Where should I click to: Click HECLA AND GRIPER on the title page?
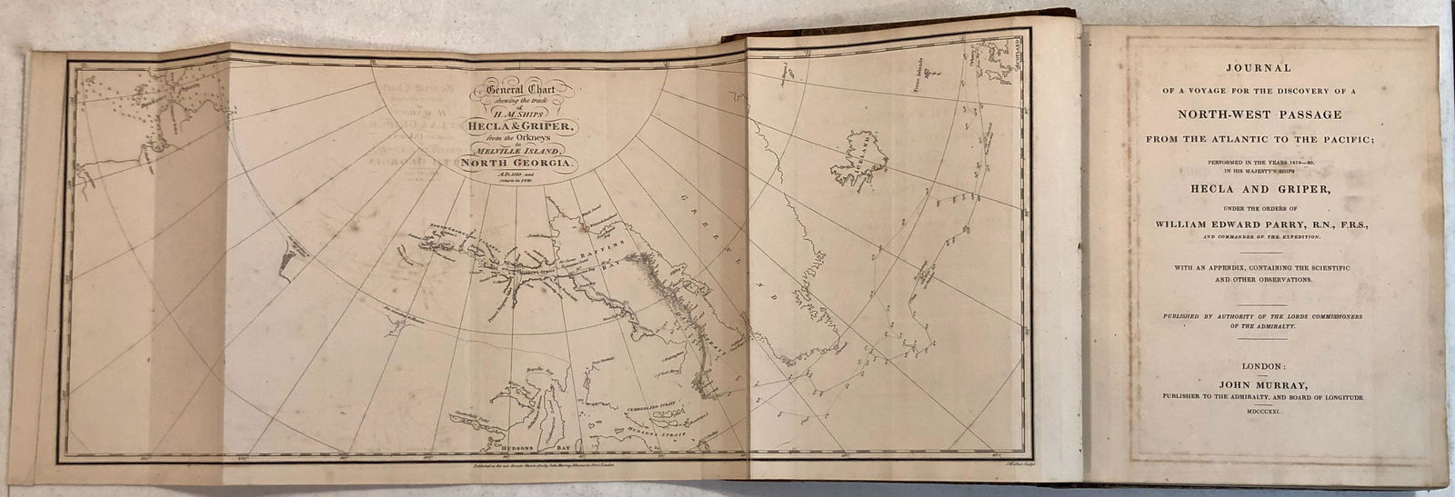tap(1270, 188)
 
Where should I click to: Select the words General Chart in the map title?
tap(519, 88)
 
